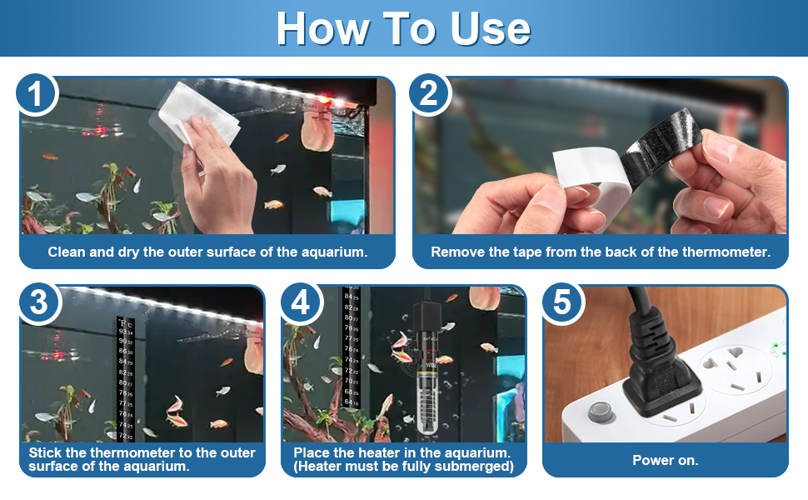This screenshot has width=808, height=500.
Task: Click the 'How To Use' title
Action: click(x=403, y=28)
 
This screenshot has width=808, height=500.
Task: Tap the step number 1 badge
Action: click(x=36, y=94)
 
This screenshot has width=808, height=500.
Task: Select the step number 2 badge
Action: click(x=429, y=94)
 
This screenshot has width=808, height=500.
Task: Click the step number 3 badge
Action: click(x=38, y=303)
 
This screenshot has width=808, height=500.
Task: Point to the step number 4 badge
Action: click(x=301, y=303)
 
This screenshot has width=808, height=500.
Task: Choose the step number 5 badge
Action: click(x=562, y=303)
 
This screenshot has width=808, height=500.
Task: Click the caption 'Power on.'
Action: click(x=665, y=460)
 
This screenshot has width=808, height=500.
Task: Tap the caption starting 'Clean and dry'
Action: click(x=207, y=251)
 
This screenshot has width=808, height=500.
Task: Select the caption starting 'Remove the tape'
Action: click(x=600, y=251)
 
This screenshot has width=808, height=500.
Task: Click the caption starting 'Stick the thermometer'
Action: click(x=142, y=459)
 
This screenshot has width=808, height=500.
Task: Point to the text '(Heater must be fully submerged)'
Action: click(x=403, y=467)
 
